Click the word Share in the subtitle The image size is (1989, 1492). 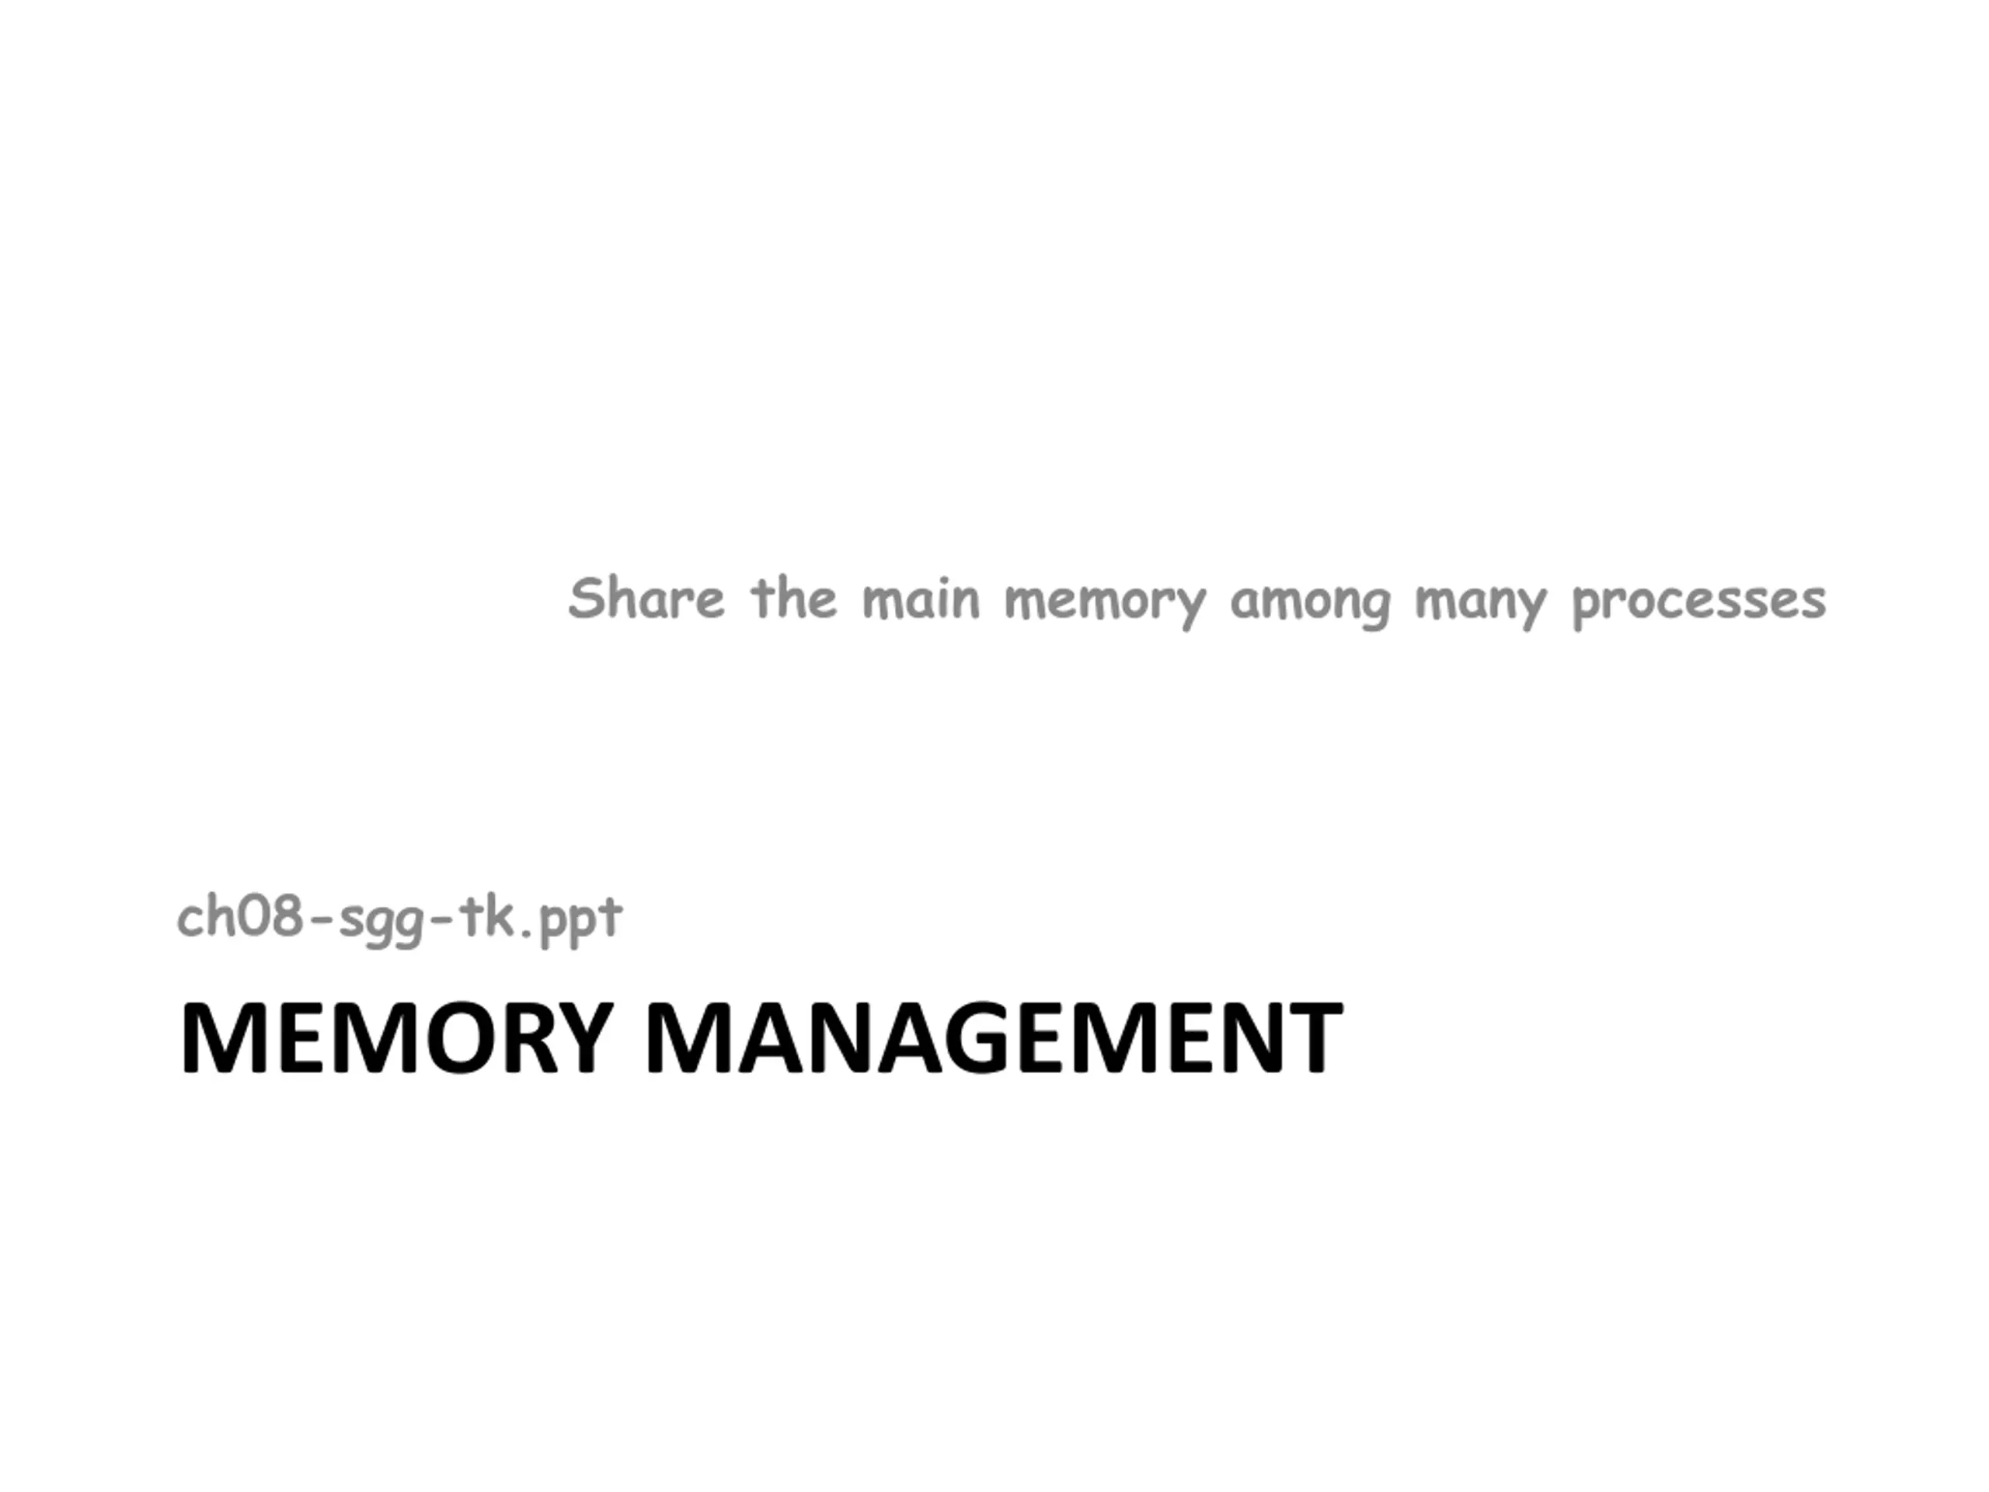click(x=646, y=599)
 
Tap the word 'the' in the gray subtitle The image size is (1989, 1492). click(x=793, y=599)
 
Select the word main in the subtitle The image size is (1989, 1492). click(x=920, y=599)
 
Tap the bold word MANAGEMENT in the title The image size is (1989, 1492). click(x=994, y=1038)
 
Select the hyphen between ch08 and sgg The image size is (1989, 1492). click(x=321, y=920)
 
